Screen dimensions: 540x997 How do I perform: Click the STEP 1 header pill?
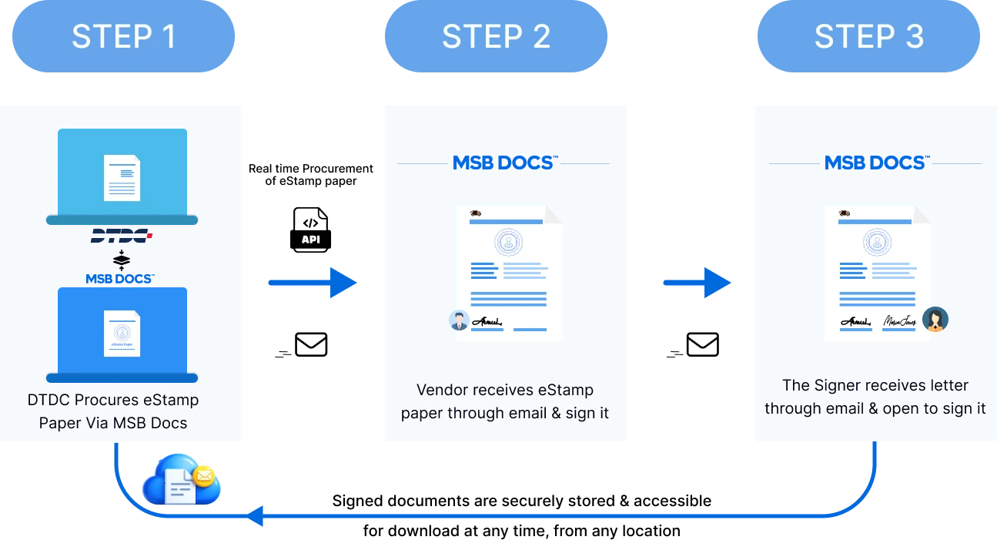[124, 36]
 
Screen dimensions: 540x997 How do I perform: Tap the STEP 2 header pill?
[496, 36]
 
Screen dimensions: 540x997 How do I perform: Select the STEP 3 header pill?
[869, 36]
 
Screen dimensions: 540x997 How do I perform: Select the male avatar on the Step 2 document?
[459, 320]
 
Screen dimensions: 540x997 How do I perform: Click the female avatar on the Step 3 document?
[935, 319]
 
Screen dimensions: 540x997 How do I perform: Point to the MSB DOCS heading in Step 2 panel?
[504, 163]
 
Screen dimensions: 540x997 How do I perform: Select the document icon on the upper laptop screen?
[122, 177]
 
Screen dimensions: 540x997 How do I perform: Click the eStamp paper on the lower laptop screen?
[122, 334]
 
